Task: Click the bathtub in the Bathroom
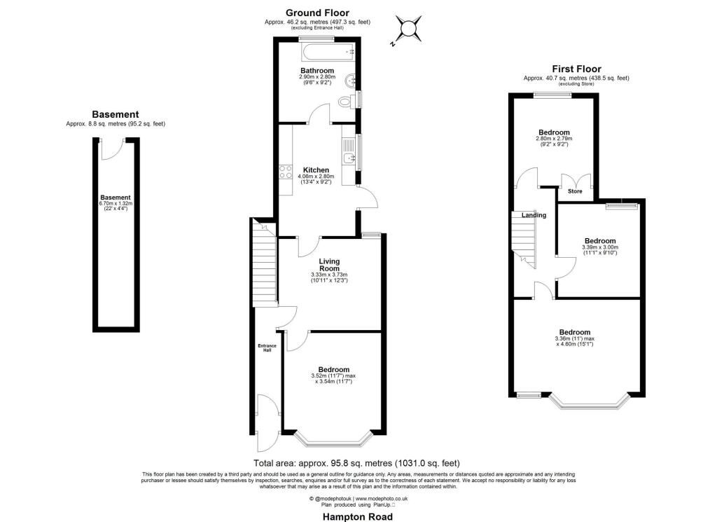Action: (328, 53)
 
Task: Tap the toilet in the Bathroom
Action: (347, 101)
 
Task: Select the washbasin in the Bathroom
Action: (351, 81)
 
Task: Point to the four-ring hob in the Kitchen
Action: (286, 172)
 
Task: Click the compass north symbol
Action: (407, 29)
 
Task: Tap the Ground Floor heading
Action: (317, 13)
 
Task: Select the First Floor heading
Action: (576, 69)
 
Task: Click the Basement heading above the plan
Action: (116, 114)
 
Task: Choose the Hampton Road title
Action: (358, 517)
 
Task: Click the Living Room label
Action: (329, 265)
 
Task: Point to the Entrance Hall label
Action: (267, 348)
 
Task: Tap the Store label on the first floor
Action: (575, 191)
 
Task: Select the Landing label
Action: (534, 215)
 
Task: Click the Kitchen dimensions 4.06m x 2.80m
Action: (316, 176)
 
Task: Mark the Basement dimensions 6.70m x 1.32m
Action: (116, 204)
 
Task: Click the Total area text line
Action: (356, 463)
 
